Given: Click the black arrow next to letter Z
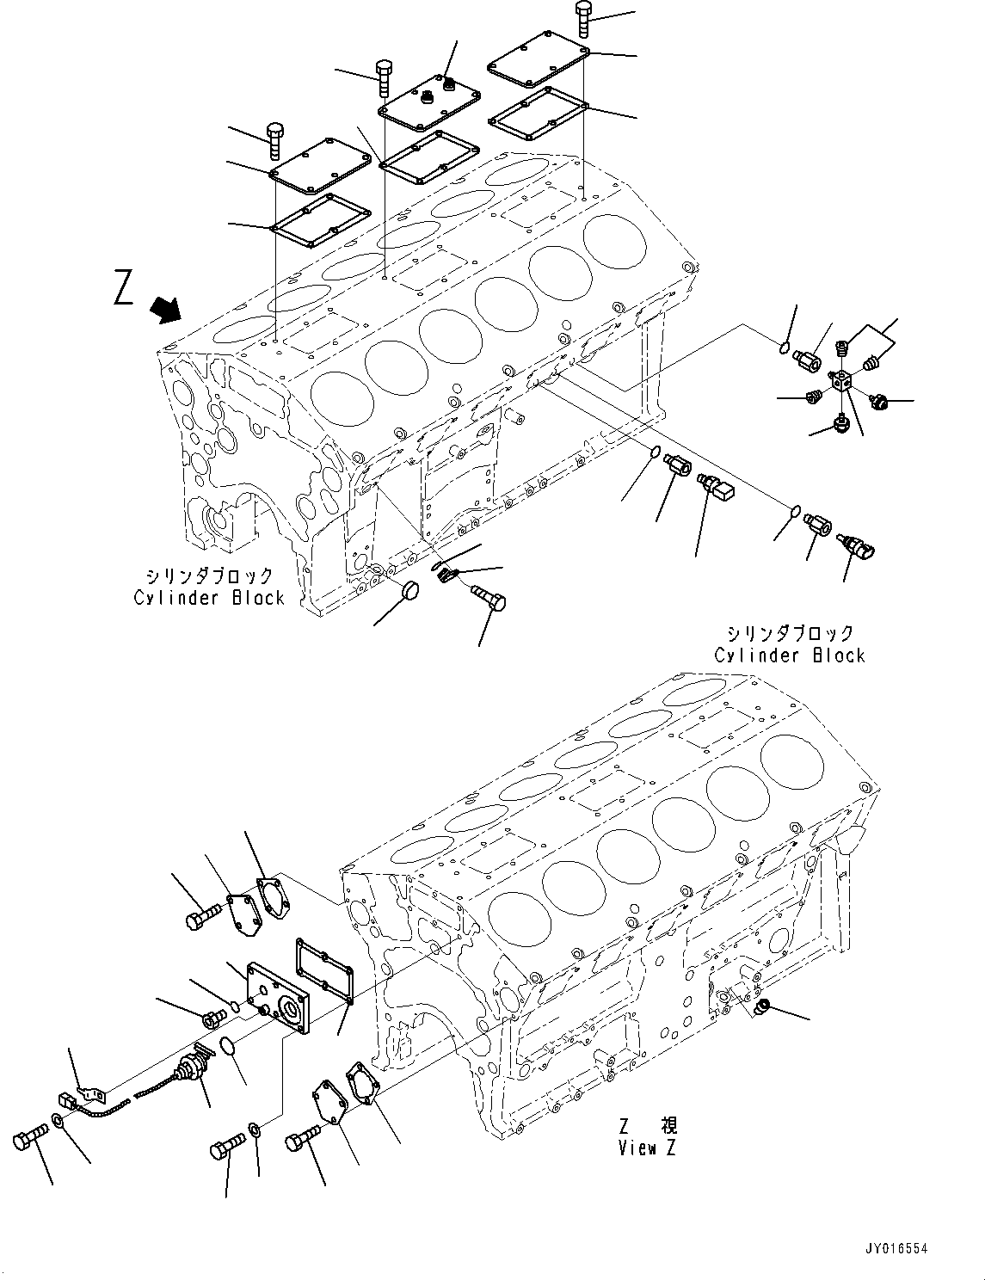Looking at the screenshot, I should tap(166, 308).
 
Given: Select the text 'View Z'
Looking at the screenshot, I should tap(647, 1148).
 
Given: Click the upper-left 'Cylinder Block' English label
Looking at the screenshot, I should tap(209, 598).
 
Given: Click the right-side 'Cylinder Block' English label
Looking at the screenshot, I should tap(789, 655).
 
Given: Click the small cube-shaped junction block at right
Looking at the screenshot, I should tap(842, 382).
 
